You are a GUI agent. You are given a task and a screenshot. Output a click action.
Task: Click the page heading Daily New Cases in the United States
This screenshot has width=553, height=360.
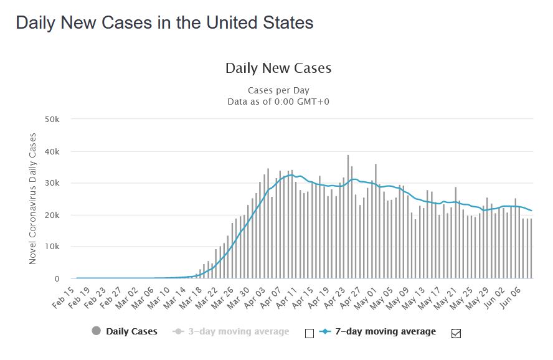point(164,23)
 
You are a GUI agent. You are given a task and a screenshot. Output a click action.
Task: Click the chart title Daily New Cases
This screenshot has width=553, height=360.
point(278,68)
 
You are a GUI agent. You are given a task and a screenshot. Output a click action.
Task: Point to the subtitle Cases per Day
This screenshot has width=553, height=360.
point(278,90)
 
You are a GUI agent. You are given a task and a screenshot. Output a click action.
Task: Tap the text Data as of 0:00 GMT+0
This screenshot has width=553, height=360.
point(278,101)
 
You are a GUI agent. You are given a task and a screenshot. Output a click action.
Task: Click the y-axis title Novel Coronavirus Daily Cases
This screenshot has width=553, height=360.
point(33,198)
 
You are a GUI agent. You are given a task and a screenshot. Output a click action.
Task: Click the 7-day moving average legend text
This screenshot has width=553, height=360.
point(384,331)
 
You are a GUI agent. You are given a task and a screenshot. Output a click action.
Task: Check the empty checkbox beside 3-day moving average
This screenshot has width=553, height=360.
point(310,333)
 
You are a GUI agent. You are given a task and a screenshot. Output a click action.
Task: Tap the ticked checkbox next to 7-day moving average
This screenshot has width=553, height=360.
point(455,333)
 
